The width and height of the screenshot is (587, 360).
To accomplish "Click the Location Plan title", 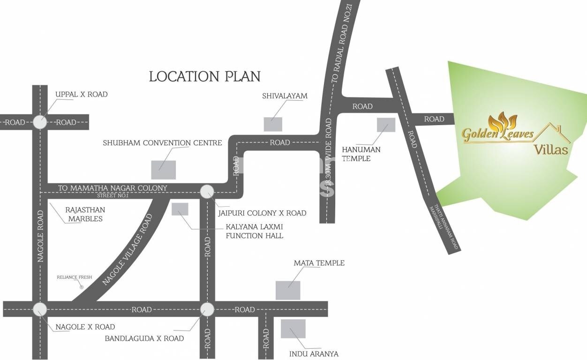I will click(x=204, y=76).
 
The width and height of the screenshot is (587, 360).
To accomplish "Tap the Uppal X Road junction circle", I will click(x=40, y=122).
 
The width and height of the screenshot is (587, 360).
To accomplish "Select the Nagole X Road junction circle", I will click(x=40, y=309).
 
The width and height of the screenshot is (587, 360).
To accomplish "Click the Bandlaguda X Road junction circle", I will click(x=207, y=309).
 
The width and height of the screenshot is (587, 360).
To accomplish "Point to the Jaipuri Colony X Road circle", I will click(x=207, y=191).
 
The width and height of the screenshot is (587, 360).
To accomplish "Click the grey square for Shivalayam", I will click(x=273, y=124).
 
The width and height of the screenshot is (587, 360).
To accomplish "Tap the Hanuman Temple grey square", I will click(x=386, y=125).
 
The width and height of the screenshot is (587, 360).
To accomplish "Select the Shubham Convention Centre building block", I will click(x=164, y=170).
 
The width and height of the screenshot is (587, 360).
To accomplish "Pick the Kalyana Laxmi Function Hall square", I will click(x=180, y=209).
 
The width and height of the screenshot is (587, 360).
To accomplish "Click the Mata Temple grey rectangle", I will click(x=288, y=290).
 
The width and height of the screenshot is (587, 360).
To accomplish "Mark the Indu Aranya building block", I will click(x=293, y=329).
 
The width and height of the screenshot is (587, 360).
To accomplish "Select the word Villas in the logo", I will click(x=551, y=150).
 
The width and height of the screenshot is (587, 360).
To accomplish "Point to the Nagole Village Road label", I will click(x=128, y=249).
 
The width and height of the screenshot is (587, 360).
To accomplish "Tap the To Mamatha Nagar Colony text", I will click(x=113, y=188).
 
